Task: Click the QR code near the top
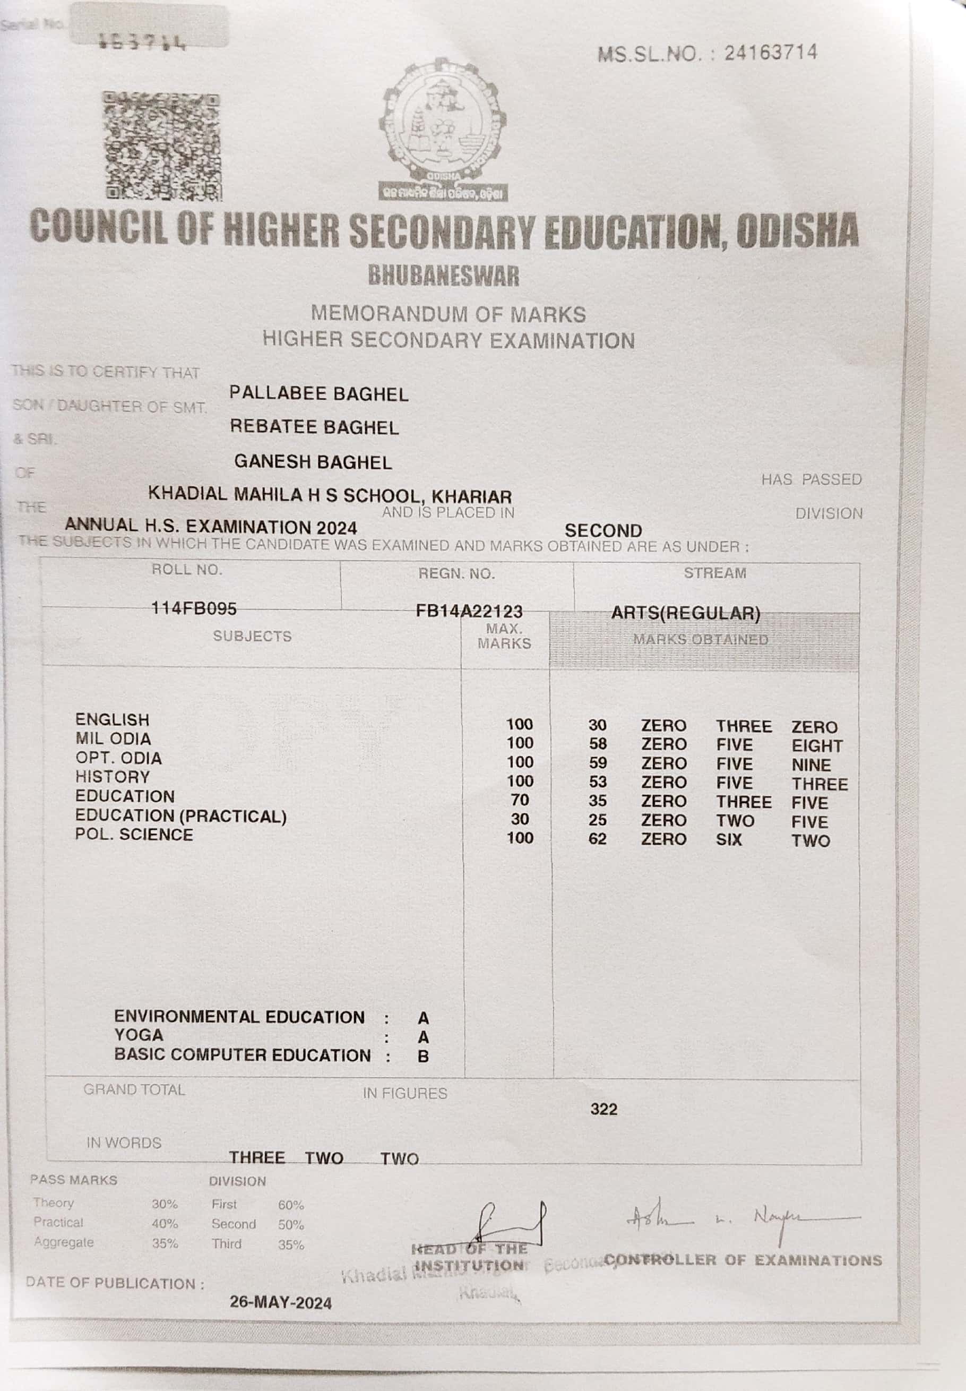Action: pyautogui.click(x=161, y=147)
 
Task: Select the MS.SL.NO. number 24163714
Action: pyautogui.click(x=771, y=53)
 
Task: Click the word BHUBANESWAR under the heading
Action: pyautogui.click(x=444, y=276)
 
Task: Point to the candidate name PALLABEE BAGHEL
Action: pyautogui.click(x=318, y=394)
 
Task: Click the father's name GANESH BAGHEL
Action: pyautogui.click(x=313, y=462)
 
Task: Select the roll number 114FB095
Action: pyautogui.click(x=194, y=608)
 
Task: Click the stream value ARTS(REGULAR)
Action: pyautogui.click(x=685, y=613)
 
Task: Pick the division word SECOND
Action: pyautogui.click(x=603, y=530)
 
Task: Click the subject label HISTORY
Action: pyautogui.click(x=112, y=777)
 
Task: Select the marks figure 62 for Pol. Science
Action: pyautogui.click(x=598, y=839)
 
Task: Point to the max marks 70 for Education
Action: pyautogui.click(x=519, y=800)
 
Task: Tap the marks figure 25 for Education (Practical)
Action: pyautogui.click(x=598, y=820)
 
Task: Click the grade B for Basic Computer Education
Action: pyautogui.click(x=423, y=1057)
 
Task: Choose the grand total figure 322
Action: pyautogui.click(x=603, y=1109)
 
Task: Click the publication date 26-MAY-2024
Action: pyautogui.click(x=280, y=1303)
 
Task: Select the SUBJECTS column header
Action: pyautogui.click(x=252, y=636)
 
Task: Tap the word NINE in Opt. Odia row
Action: pyautogui.click(x=811, y=765)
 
